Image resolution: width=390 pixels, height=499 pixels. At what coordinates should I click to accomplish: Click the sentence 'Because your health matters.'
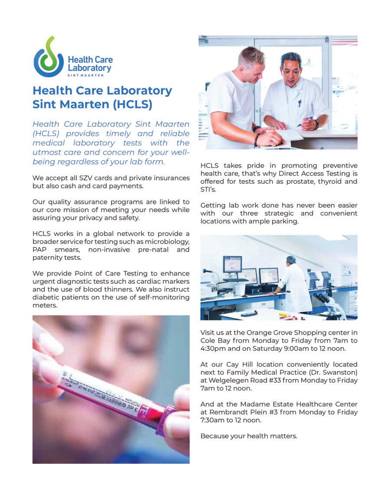point(249,436)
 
